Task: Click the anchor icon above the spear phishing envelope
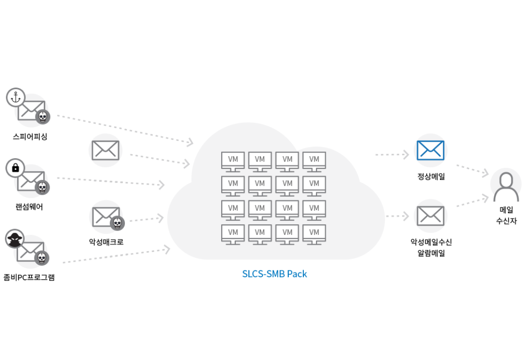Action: [16, 98]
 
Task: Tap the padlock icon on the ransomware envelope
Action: [16, 168]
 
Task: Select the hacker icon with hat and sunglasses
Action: [15, 238]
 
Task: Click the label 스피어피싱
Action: [30, 136]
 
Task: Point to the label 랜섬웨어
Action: [30, 207]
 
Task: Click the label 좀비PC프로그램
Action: [29, 277]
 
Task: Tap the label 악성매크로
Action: [106, 242]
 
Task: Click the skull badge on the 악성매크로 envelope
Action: [117, 223]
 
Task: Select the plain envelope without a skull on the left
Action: [105, 150]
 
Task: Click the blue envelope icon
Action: [431, 150]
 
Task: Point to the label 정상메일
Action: [431, 176]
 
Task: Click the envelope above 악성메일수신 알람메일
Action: [431, 216]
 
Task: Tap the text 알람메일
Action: [431, 253]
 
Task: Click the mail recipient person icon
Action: [506, 186]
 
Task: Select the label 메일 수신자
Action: [506, 215]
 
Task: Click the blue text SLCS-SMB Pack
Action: [275, 274]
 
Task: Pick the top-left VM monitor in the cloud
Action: [233, 162]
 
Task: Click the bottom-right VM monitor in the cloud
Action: [314, 234]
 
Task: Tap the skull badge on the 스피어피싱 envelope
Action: [43, 117]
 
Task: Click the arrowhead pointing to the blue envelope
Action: [406, 155]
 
